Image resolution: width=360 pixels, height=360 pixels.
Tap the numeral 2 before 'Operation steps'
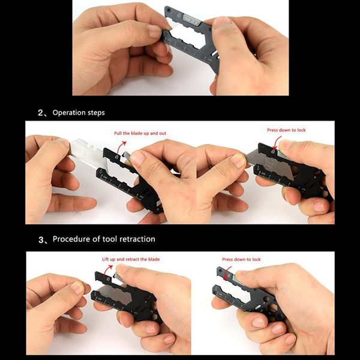click(x=41, y=112)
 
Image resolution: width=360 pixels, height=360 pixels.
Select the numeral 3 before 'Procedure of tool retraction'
click(x=41, y=239)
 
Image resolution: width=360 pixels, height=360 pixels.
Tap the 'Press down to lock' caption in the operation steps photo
click(x=287, y=130)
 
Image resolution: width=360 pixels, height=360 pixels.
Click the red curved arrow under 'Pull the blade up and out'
click(x=122, y=147)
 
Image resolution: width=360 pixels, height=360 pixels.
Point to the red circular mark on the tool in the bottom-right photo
click(x=227, y=275)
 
